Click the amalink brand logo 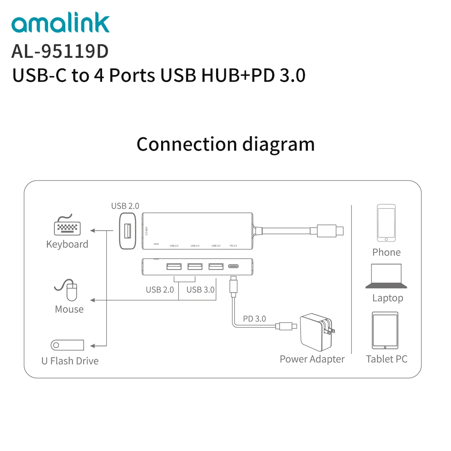(61, 23)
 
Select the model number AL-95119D (60, 51)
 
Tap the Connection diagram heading (225, 144)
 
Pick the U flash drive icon (67, 345)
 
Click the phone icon (386, 223)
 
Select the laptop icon (386, 276)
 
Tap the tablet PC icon (385, 330)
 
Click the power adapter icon (316, 333)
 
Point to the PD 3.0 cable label (254, 319)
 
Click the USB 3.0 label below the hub (200, 289)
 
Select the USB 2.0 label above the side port (125, 206)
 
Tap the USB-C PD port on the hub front (233, 266)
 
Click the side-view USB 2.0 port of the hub (128, 231)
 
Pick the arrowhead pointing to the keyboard (93, 231)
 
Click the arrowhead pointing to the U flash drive (93, 346)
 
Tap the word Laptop (387, 298)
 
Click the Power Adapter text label (312, 359)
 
